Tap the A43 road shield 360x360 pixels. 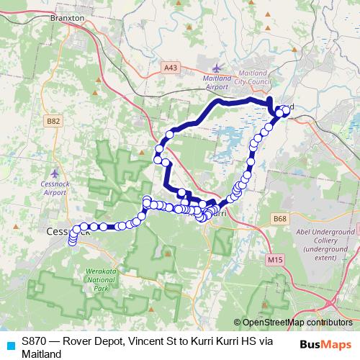point(171,67)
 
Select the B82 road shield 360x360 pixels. point(53,122)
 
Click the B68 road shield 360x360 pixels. point(279,218)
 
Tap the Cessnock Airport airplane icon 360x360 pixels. point(55,174)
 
